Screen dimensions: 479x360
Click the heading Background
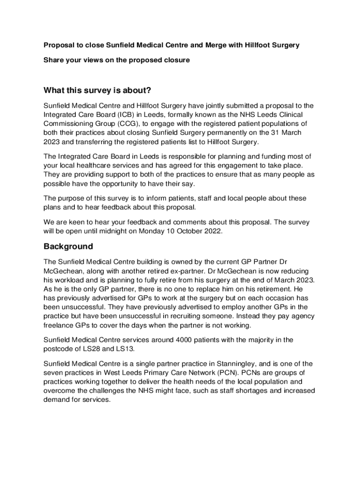tap(68, 247)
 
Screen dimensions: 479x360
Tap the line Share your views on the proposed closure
tap(117, 60)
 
